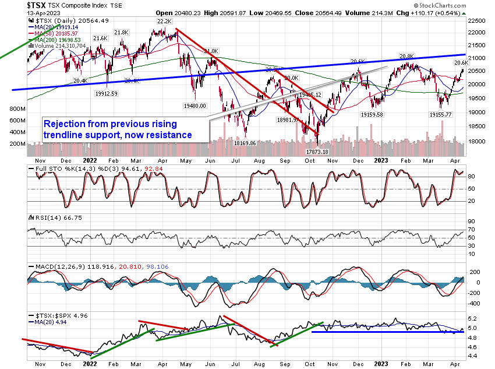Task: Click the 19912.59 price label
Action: click(107, 93)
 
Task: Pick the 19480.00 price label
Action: click(195, 106)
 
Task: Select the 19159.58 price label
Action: click(380, 114)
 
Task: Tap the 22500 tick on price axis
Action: click(479, 20)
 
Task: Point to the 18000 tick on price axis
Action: click(479, 140)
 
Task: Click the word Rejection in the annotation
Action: click(66, 124)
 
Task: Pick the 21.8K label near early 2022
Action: click(122, 33)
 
